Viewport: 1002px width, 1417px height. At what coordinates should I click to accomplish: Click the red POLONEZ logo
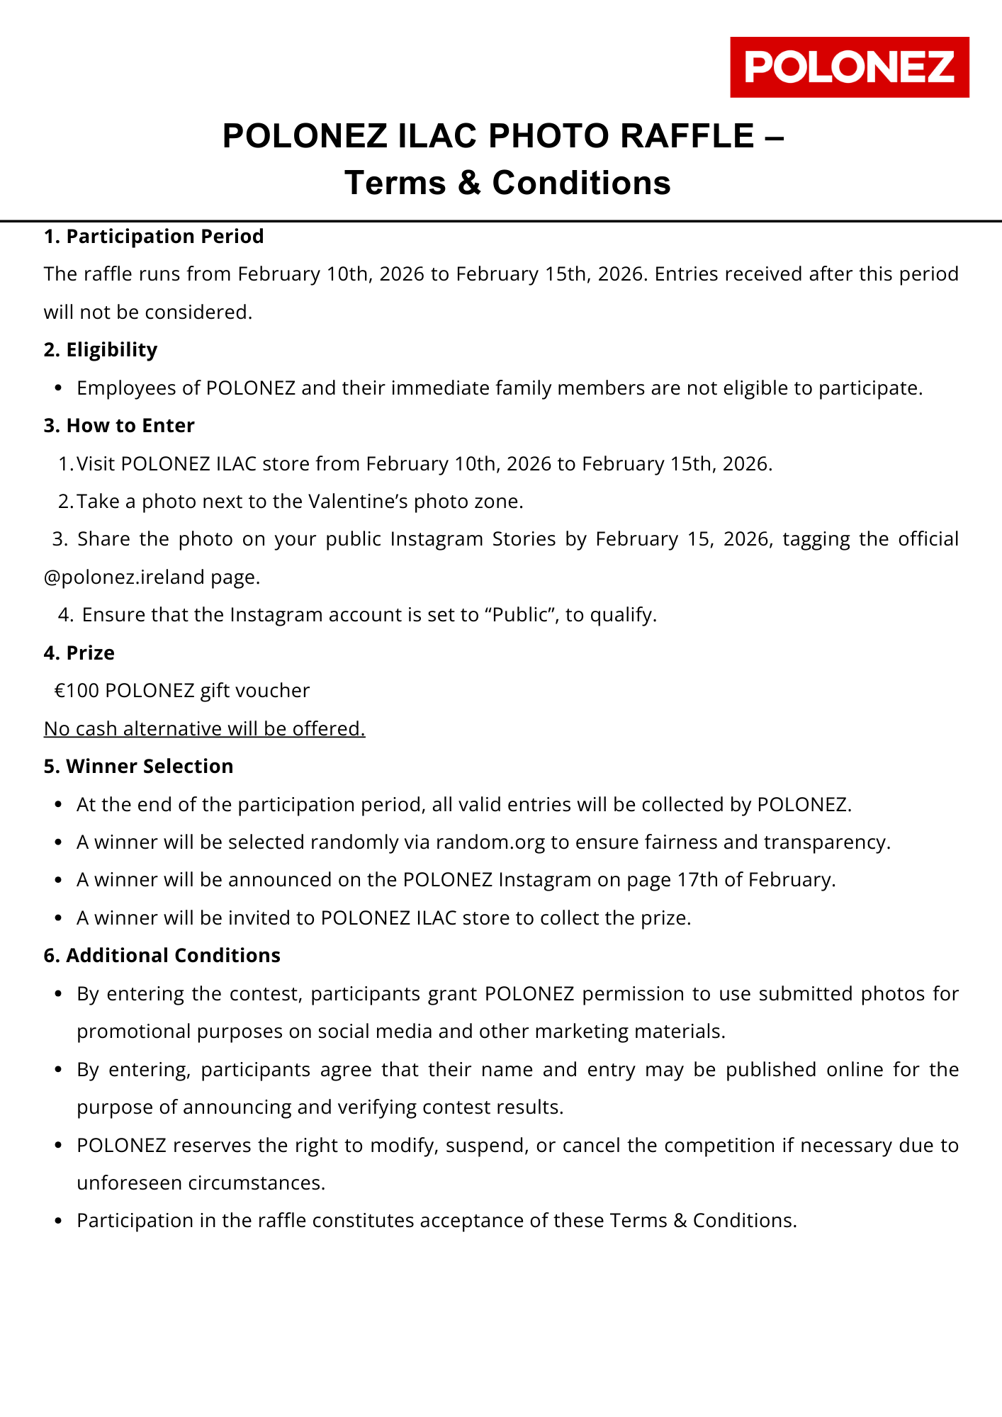click(849, 67)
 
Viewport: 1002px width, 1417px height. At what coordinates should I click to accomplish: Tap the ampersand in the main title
click(468, 183)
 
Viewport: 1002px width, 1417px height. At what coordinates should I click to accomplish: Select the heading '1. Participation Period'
click(154, 236)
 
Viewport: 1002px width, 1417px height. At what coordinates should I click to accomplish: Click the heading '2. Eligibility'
click(101, 350)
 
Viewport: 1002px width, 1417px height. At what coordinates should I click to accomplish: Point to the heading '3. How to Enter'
click(119, 426)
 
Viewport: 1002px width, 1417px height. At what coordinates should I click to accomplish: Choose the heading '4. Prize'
click(79, 653)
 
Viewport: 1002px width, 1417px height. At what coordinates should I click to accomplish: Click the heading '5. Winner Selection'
click(139, 767)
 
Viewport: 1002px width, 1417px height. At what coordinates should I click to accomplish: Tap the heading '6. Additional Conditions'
click(162, 956)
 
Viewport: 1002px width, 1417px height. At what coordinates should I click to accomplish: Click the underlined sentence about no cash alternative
click(205, 728)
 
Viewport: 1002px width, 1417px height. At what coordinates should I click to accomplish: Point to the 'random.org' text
click(490, 842)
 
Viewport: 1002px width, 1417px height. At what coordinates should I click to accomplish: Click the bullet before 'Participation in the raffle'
click(60, 1221)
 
